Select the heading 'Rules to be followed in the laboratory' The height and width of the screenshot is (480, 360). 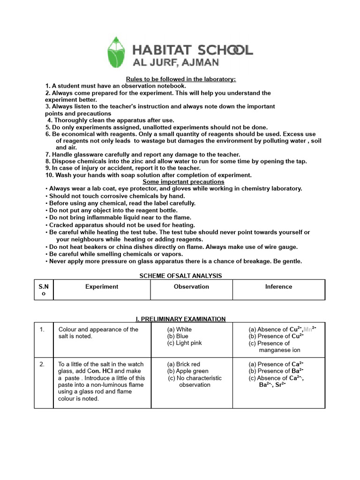pyautogui.click(x=180, y=79)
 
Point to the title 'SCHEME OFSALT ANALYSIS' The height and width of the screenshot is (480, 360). pyautogui.click(x=180, y=276)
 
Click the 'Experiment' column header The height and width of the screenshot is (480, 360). pyautogui.click(x=102, y=286)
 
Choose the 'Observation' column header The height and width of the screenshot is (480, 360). pyautogui.click(x=191, y=286)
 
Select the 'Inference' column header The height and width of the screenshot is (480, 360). pyautogui.click(x=278, y=286)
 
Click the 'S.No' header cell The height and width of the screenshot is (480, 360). pyautogui.click(x=44, y=290)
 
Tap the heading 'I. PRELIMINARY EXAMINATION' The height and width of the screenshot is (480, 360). pyautogui.click(x=180, y=319)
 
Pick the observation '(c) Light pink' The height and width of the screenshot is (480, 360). pyautogui.click(x=184, y=343)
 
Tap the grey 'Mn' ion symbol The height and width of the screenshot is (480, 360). pyautogui.click(x=308, y=329)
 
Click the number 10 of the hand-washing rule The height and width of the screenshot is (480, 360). pyautogui.click(x=49, y=175)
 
